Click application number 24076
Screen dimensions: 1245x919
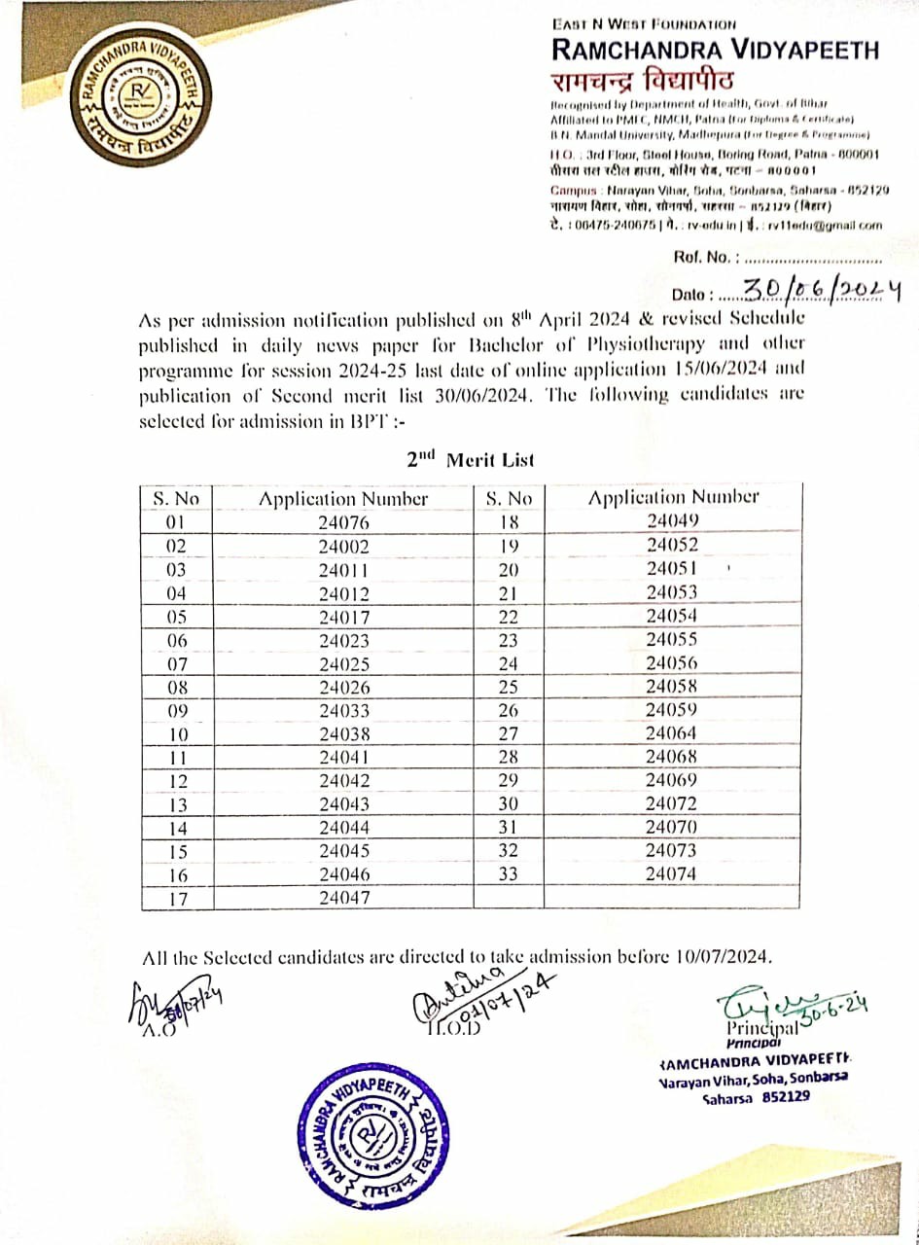point(343,522)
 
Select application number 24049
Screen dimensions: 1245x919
point(672,520)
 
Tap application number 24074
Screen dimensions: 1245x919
point(672,873)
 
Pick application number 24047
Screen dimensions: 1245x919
point(343,899)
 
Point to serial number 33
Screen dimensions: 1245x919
point(508,873)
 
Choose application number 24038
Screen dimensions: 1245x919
point(343,734)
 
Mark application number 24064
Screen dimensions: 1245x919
point(672,732)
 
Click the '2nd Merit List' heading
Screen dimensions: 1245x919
point(471,459)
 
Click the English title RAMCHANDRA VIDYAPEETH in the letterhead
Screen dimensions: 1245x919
point(715,49)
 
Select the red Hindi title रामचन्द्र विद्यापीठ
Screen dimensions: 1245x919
point(644,79)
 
